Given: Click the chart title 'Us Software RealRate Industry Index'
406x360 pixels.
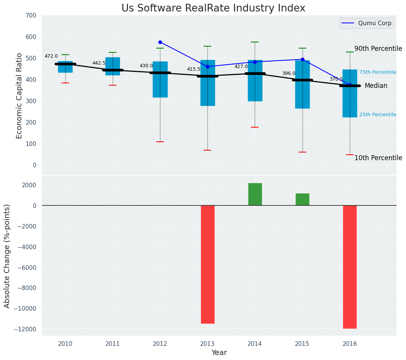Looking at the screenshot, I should pos(213,8).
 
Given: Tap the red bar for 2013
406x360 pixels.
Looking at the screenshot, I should pos(207,264).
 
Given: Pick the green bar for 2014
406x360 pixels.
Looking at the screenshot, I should pos(255,194).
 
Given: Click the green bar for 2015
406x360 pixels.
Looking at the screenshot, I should pos(302,199).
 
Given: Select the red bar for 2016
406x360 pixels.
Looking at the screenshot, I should pos(350,267).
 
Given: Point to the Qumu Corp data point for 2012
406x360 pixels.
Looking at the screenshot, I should pos(160,42).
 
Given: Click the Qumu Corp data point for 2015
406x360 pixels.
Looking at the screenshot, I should pos(302,59).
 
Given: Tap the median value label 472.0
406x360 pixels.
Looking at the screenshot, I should pos(51,56).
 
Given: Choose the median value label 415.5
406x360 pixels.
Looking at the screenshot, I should pos(194,69).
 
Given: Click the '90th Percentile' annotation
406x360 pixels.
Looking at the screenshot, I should pos(378,49).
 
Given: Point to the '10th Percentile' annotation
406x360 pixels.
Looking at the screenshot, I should pos(378,158).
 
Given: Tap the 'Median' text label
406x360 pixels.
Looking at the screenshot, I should pos(376,86).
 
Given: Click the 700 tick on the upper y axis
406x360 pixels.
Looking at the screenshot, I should pos(31,16).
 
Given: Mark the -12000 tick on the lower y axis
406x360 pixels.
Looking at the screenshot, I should pos(25,329).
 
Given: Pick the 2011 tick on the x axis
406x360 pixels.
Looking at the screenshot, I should pos(113,344).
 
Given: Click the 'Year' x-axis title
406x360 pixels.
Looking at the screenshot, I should pos(219,353).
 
